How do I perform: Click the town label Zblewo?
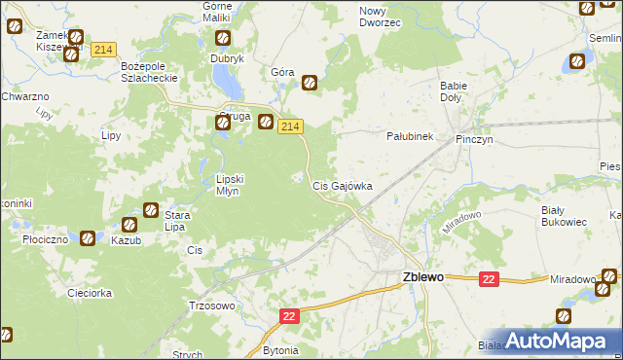coord(422,276)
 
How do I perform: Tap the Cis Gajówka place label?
coord(341,185)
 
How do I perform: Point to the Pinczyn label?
coord(476,139)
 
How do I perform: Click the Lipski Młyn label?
coord(234,185)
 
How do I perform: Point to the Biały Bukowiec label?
coord(564,215)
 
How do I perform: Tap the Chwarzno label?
coord(25,96)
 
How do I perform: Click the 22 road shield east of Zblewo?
coord(489,279)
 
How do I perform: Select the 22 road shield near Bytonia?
coord(290,316)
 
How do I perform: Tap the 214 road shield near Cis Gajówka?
coord(291,127)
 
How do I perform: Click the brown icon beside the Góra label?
coord(310,83)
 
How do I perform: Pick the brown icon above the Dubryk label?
coord(222,39)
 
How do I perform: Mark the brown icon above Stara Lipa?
coord(151,209)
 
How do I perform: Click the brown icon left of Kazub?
coord(88,237)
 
